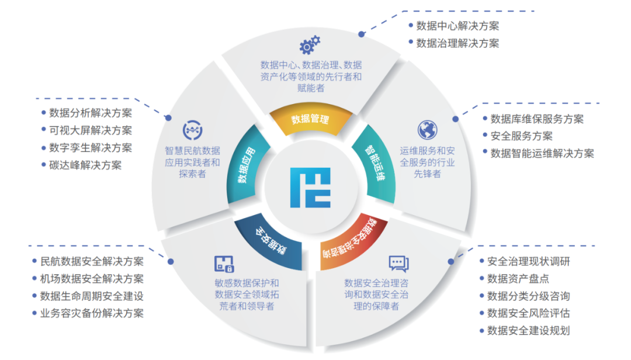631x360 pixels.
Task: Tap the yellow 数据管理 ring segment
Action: click(310, 120)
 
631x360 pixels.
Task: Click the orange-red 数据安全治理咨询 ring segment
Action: click(351, 241)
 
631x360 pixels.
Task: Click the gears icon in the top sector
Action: click(310, 44)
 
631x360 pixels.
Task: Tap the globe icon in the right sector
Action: click(427, 130)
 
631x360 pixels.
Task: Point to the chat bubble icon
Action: click(398, 264)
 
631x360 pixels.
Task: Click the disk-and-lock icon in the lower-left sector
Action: click(224, 264)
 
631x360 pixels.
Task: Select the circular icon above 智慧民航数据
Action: click(192, 130)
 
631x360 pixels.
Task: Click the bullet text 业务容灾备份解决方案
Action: click(92, 313)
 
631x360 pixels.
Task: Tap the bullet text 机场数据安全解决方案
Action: click(92, 279)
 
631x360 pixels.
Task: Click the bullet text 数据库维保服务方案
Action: click(537, 119)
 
